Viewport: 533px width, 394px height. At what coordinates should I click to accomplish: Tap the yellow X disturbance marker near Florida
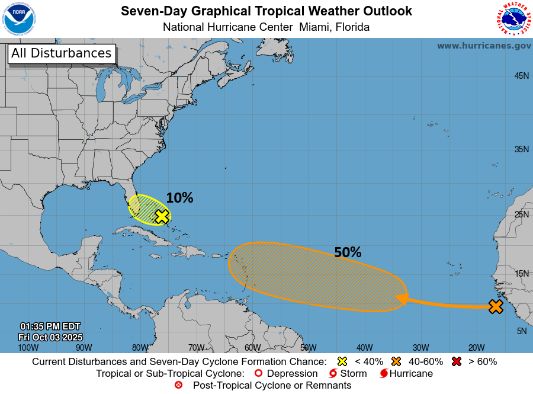[x=162, y=217]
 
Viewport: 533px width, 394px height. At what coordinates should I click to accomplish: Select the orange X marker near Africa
[x=496, y=306]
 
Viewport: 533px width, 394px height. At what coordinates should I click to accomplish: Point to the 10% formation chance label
[x=179, y=198]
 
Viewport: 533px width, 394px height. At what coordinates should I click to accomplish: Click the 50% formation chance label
[x=348, y=252]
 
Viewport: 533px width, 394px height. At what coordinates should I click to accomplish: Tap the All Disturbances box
[x=61, y=53]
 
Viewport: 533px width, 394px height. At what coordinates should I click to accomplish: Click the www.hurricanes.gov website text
[x=484, y=46]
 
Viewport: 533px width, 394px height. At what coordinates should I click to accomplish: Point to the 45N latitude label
[x=521, y=76]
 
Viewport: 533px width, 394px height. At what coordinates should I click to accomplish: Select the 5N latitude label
[x=522, y=331]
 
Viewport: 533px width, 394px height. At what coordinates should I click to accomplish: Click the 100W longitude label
[x=28, y=347]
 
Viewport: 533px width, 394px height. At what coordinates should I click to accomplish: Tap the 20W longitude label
[x=477, y=347]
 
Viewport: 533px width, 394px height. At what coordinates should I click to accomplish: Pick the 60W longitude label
[x=252, y=347]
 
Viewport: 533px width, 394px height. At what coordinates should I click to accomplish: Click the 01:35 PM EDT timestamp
[x=50, y=326]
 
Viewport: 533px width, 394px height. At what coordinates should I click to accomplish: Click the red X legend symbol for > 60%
[x=457, y=361]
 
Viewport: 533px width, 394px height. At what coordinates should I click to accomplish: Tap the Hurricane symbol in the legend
[x=384, y=373]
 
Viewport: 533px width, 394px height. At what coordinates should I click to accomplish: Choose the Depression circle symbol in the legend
[x=258, y=373]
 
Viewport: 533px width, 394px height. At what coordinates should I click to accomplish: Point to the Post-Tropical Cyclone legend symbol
[x=178, y=385]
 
